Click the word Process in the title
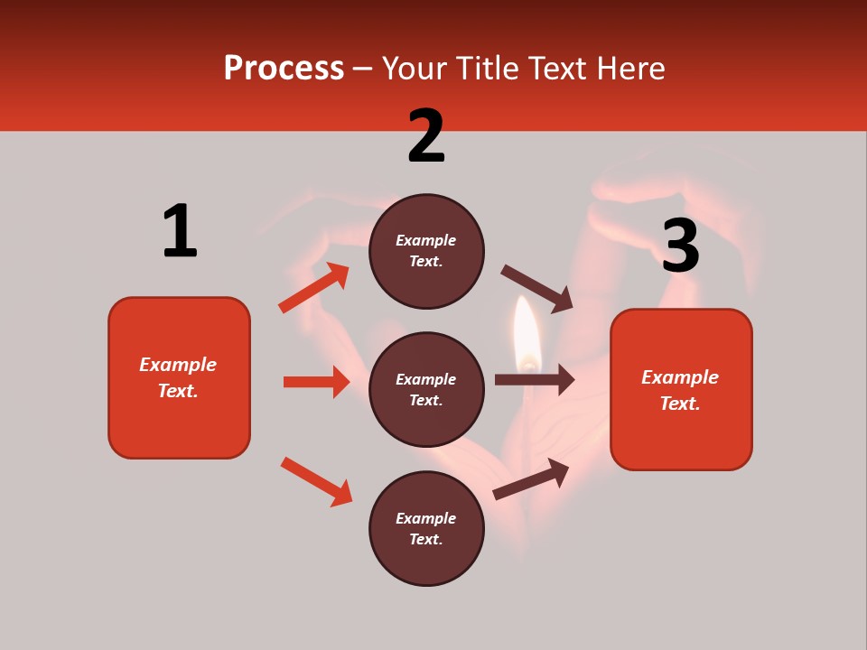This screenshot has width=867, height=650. coord(284,68)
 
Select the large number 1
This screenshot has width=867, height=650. coord(180,232)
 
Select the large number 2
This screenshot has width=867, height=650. coord(426,136)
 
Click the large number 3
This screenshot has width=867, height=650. coord(680,246)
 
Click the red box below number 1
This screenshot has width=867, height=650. coord(179,377)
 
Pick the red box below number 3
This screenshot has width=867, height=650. coord(681,389)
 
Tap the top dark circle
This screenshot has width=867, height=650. coord(426,251)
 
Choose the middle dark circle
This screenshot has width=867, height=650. coord(426,389)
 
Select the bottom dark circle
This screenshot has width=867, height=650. coord(426,528)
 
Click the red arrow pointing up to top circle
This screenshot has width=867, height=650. coord(313,288)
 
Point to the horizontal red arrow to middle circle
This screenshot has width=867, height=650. coord(316,382)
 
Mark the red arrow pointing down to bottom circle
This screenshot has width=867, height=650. coord(316,481)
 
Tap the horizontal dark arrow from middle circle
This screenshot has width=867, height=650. coord(535,380)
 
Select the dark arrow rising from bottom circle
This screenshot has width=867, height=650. coord(531,478)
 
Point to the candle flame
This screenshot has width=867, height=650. coord(527,334)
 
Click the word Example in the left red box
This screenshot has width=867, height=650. coord(178,365)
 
